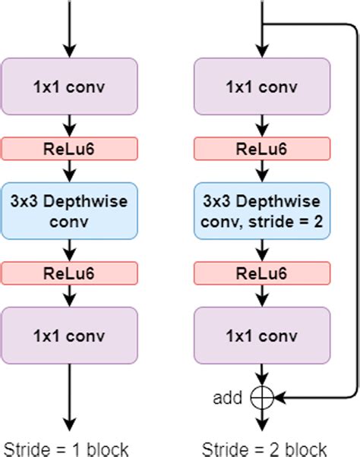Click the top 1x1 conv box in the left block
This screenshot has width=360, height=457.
pyautogui.click(x=69, y=85)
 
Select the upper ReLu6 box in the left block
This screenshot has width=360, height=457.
pyautogui.click(x=69, y=147)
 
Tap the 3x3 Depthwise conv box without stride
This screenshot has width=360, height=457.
pyautogui.click(x=69, y=210)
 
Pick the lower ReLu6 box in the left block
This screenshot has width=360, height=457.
pyautogui.click(x=69, y=272)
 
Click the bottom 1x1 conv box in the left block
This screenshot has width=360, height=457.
pyautogui.click(x=69, y=333)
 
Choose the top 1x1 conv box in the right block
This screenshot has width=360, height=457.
pyautogui.click(x=261, y=85)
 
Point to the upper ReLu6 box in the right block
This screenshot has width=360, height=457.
pyautogui.click(x=261, y=147)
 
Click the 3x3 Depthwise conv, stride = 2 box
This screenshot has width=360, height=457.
pyautogui.click(x=261, y=210)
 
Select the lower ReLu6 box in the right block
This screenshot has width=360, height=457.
pyautogui.click(x=261, y=272)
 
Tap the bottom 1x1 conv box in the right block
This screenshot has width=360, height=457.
pyautogui.click(x=261, y=333)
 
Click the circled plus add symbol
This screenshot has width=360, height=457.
pyautogui.click(x=261, y=396)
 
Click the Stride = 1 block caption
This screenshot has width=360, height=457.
pyautogui.click(x=66, y=447)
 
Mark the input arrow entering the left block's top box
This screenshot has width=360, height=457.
pyautogui.click(x=69, y=30)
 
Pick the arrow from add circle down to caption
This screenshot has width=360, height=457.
pyautogui.click(x=261, y=420)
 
